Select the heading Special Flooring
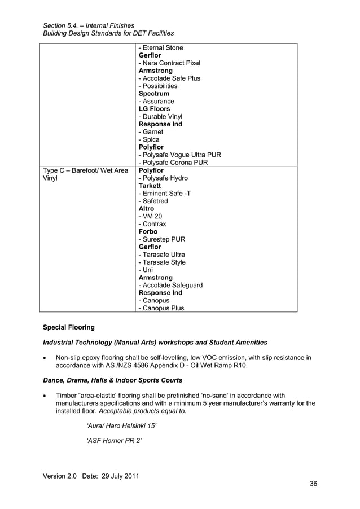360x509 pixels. (x=69, y=327)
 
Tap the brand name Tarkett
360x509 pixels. (x=150, y=186)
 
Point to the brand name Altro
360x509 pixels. (x=146, y=208)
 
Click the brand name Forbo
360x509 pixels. (x=148, y=231)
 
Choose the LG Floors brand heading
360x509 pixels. (x=154, y=109)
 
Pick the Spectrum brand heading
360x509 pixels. (x=153, y=94)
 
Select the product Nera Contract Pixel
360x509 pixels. (x=169, y=63)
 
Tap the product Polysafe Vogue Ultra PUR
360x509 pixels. (x=179, y=155)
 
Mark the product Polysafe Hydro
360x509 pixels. (x=163, y=178)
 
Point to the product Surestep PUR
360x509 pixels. (x=165, y=239)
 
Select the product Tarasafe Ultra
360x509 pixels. (x=161, y=254)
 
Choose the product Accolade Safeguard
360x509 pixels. (x=170, y=285)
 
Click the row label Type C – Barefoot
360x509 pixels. (x=85, y=170)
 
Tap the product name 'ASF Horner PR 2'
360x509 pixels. (x=113, y=440)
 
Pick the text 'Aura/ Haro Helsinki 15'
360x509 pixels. (x=121, y=424)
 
